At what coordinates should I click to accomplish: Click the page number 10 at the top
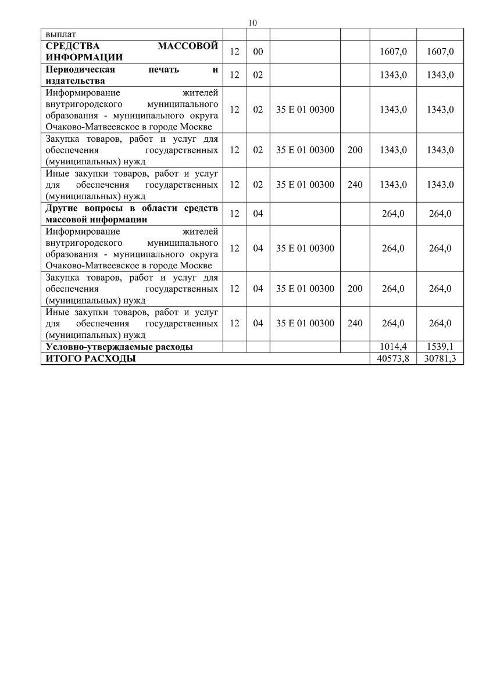(252, 23)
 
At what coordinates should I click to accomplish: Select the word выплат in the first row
(60, 34)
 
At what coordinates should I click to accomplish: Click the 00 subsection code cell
(258, 52)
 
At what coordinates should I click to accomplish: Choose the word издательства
(75, 81)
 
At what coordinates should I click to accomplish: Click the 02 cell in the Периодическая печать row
(258, 75)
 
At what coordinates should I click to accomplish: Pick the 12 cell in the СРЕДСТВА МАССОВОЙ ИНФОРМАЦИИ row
(235, 52)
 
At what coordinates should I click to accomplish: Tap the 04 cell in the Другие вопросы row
(258, 214)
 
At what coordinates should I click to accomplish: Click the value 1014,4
(393, 347)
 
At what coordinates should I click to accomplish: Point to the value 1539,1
(440, 347)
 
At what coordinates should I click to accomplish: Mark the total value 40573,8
(393, 358)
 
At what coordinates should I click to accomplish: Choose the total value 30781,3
(440, 358)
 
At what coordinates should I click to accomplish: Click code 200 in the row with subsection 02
(355, 150)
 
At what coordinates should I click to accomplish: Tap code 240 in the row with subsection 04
(355, 323)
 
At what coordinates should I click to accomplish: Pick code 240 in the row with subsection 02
(355, 185)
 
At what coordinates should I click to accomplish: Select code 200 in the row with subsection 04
(355, 289)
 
